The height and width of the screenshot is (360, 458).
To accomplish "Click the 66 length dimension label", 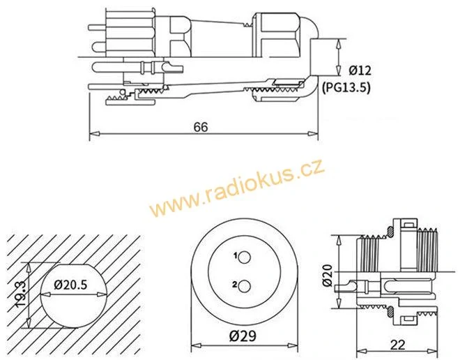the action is [201, 127].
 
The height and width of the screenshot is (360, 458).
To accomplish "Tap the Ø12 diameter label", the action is [360, 70].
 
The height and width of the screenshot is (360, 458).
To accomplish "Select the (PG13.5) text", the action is [346, 87].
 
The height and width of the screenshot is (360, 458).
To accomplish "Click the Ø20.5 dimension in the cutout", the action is [70, 284].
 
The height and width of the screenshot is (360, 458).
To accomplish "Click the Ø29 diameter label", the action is [243, 336].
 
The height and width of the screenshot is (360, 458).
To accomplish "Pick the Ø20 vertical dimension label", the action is [328, 275].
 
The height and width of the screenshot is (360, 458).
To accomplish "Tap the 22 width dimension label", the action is [397, 345].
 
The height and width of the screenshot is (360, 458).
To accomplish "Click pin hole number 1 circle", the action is [244, 258].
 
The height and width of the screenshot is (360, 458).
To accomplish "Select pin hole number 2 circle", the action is [244, 286].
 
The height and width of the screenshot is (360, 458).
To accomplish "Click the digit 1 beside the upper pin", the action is [235, 256].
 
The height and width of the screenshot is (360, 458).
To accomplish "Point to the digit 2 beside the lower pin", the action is [235, 284].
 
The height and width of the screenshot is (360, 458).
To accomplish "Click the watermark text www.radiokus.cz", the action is [236, 187].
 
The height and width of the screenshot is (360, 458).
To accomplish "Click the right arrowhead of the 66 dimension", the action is [313, 134].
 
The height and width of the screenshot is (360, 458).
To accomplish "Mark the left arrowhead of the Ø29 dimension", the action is [196, 345].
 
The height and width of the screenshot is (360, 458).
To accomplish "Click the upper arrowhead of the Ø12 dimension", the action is [339, 44].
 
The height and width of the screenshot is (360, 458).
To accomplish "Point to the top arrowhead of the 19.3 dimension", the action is [29, 268].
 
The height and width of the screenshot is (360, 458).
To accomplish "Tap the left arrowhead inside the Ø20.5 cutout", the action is [45, 294].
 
